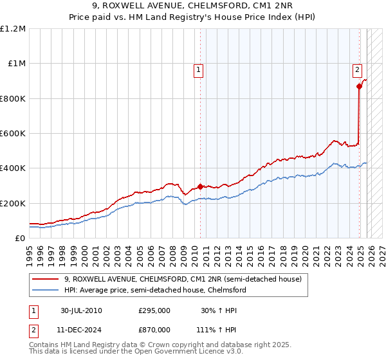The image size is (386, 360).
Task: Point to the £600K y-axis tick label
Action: (x=13, y=134)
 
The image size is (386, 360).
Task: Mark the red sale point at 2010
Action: (x=200, y=186)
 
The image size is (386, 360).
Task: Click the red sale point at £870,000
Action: (x=359, y=86)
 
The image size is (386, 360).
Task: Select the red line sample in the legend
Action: (x=45, y=279)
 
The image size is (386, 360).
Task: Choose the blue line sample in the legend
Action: (x=45, y=290)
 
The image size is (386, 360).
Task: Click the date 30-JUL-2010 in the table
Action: (x=81, y=310)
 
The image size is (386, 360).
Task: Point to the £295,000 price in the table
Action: (x=154, y=310)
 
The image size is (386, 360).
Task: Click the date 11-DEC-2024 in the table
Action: (x=82, y=329)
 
